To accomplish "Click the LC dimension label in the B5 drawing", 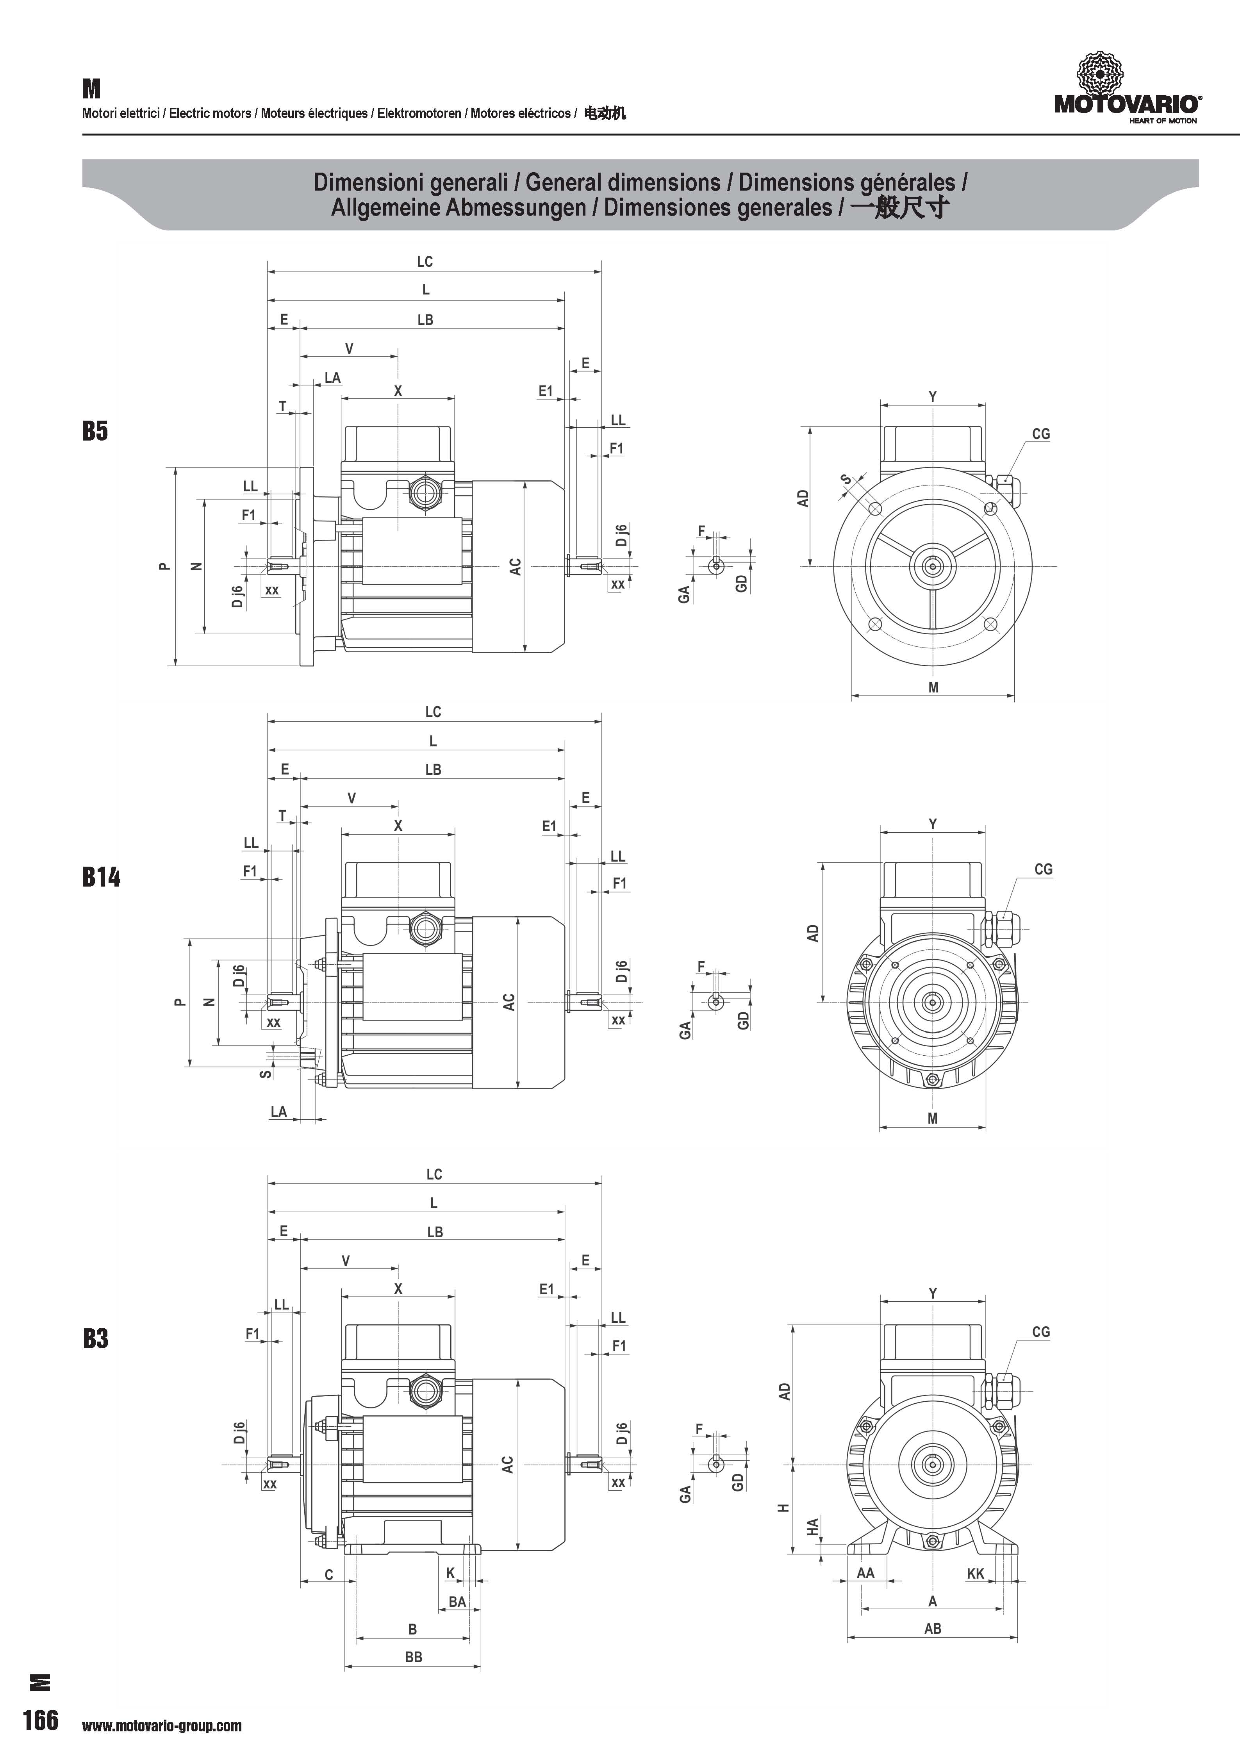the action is (x=425, y=261).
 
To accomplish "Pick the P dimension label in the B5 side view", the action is (x=163, y=566).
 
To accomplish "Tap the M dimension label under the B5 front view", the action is (x=933, y=687).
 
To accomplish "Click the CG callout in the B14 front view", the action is (x=1043, y=869).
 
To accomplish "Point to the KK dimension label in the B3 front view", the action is (x=976, y=1573).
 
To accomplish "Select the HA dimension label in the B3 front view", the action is (x=813, y=1526).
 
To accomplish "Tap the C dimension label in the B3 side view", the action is (x=329, y=1574).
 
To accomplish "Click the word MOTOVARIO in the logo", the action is (x=1126, y=104).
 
